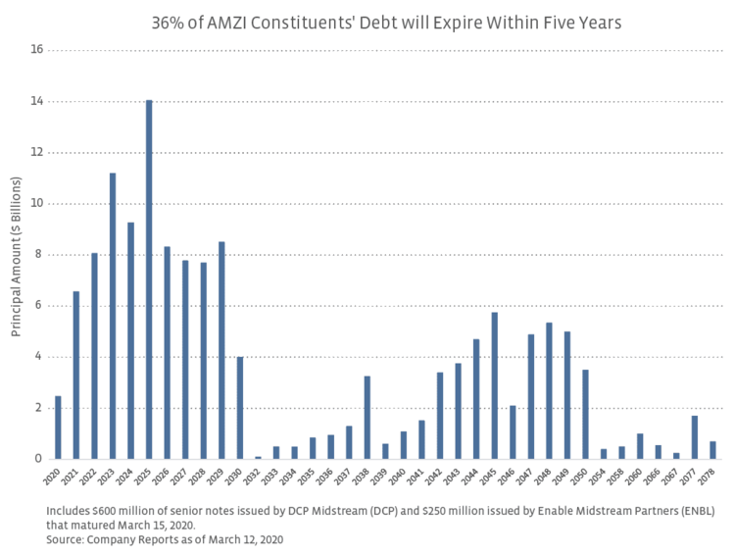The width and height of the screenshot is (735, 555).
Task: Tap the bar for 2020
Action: [58, 428]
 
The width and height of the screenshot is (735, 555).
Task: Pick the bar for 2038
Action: [367, 417]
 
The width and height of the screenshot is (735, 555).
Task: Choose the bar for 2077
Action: [695, 437]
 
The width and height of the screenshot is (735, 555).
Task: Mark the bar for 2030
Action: [240, 408]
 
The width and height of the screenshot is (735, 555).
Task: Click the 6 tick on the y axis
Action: [37, 306]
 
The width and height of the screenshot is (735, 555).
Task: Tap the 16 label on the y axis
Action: [36, 50]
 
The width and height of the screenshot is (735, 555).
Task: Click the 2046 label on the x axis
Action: [512, 477]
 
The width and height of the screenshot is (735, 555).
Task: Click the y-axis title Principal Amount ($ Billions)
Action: [17, 255]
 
